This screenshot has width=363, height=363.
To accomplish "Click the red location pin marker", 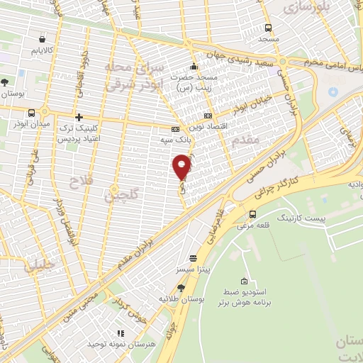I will pos(182,167).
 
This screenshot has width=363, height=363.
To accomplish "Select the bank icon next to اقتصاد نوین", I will pos(208,116).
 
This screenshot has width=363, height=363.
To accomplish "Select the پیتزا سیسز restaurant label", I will pos(192,271).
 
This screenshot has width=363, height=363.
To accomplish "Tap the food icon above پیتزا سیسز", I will pos(193,259).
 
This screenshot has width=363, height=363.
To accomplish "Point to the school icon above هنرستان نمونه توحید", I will pos(121,333).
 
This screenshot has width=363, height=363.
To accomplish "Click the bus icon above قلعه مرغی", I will pos(253,214).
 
